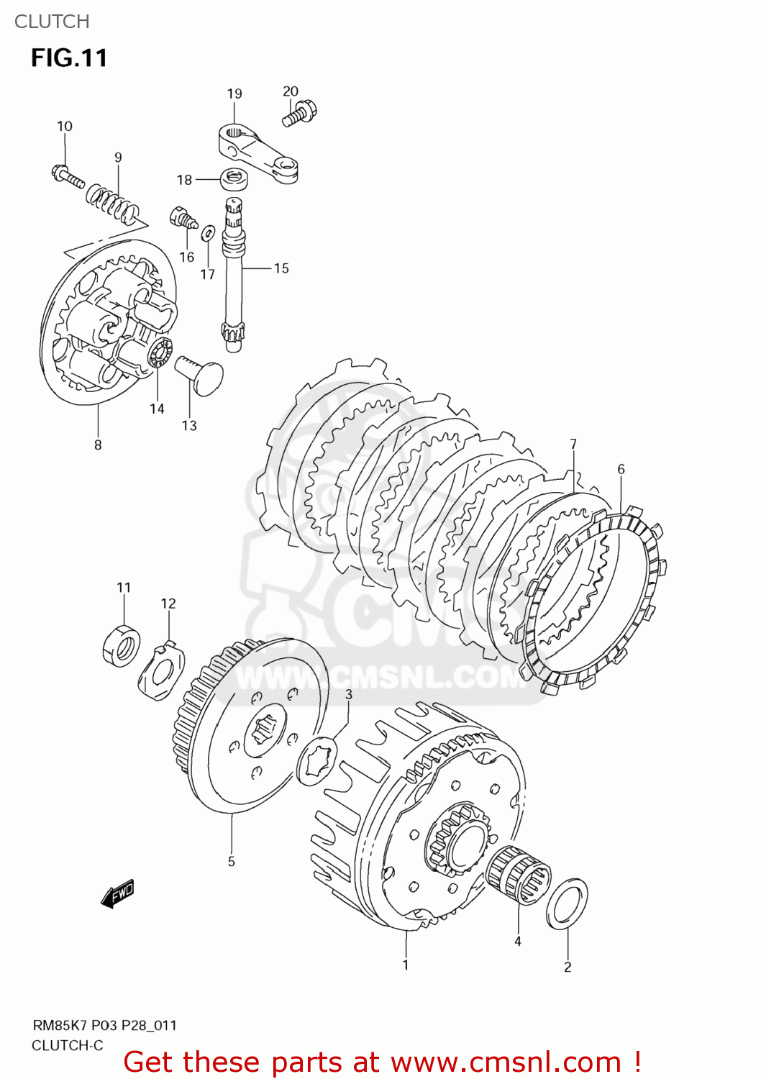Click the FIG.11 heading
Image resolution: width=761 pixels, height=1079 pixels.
pyautogui.click(x=69, y=58)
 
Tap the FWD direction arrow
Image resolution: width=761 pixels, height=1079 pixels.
pyautogui.click(x=117, y=894)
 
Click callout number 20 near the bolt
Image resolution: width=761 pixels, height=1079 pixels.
pyautogui.click(x=290, y=91)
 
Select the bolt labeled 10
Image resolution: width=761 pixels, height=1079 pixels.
pyautogui.click(x=68, y=176)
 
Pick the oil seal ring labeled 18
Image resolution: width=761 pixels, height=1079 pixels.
pyautogui.click(x=231, y=177)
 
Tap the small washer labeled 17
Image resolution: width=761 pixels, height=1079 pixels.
pyautogui.click(x=208, y=232)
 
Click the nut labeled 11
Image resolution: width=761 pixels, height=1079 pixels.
pyautogui.click(x=121, y=645)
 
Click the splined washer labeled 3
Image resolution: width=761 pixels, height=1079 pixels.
pyautogui.click(x=317, y=761)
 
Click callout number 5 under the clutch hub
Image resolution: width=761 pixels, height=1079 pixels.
pyautogui.click(x=232, y=861)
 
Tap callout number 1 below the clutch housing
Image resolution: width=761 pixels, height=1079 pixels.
pyautogui.click(x=406, y=965)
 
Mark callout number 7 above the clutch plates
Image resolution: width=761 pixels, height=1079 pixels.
pyautogui.click(x=573, y=445)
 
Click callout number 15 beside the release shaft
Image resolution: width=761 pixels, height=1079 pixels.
pyautogui.click(x=281, y=268)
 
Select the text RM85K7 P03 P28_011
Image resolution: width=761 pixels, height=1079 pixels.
pyautogui.click(x=104, y=1025)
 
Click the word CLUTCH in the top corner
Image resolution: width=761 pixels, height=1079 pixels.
pyautogui.click(x=52, y=22)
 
